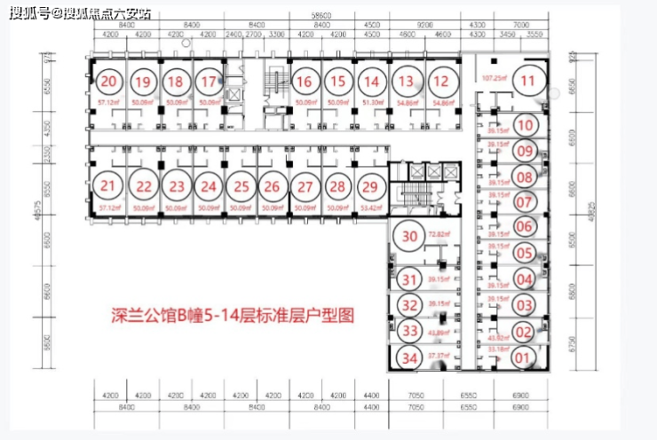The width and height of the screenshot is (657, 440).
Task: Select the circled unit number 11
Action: tap(528, 81)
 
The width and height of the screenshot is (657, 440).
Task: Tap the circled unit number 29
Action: tap(370, 186)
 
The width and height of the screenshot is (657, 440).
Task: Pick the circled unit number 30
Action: tap(409, 236)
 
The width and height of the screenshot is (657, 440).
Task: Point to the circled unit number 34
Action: tap(409, 358)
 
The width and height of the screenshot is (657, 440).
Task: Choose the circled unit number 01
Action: tap(524, 358)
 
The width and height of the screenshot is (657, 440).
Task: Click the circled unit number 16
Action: tap(305, 82)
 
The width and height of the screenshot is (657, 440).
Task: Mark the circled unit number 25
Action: tap(239, 186)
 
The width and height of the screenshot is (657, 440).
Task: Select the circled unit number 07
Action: tap(524, 201)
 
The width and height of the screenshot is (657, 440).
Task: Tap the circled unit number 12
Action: tap(439, 82)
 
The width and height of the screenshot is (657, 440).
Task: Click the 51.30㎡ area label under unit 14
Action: tap(372, 103)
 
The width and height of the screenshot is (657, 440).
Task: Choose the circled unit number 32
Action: tap(409, 305)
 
